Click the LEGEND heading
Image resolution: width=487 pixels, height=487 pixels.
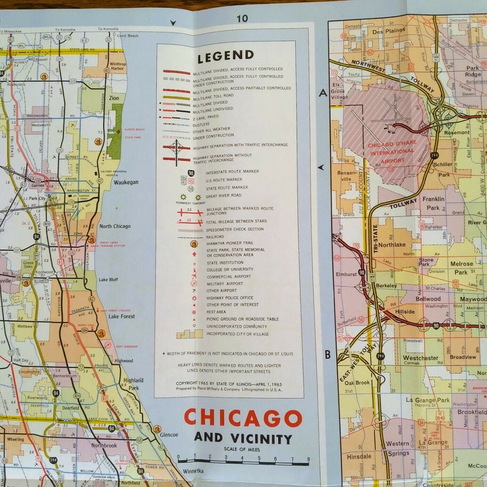tap(225, 57)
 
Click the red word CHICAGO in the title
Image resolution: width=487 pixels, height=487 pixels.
tap(243, 418)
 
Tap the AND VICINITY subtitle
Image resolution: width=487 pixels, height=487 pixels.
tap(243, 439)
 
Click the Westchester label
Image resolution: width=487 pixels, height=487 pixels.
tap(421, 358)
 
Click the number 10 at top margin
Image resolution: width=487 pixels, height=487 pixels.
tap(242, 18)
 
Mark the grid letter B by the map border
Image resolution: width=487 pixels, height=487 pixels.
tap(326, 354)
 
